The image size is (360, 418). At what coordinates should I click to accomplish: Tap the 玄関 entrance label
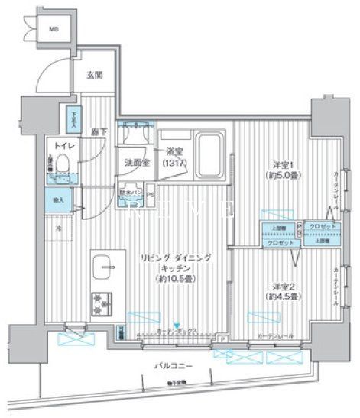pyautogui.click(x=94, y=74)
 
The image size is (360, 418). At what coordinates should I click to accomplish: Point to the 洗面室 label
pyautogui.click(x=137, y=162)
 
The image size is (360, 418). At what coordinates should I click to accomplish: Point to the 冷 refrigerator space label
pyautogui.click(x=57, y=227)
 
